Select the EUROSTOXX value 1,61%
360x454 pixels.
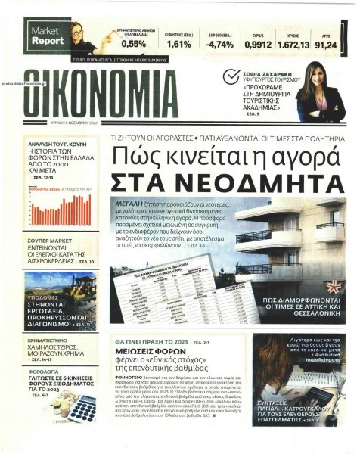click(178, 45)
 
